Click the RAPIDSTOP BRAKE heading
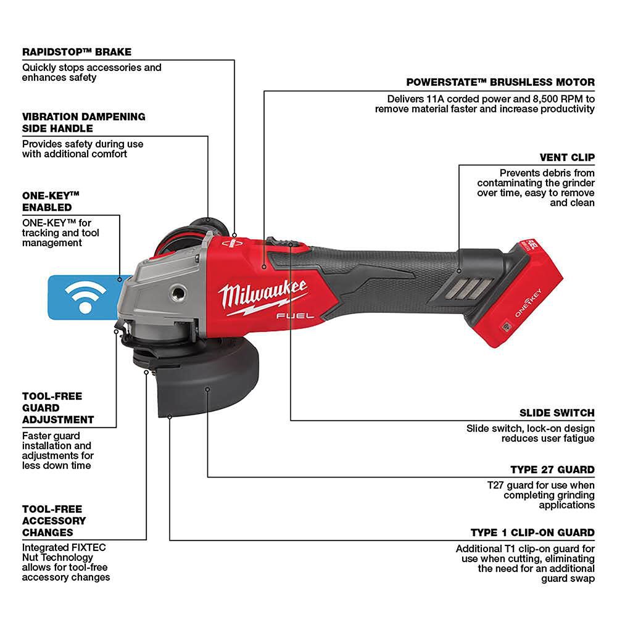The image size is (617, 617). point(77,52)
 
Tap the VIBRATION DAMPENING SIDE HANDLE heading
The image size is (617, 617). point(84,122)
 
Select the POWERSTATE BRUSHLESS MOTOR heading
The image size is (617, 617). point(492,82)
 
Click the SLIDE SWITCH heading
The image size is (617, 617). point(557,413)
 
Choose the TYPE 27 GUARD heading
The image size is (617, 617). point(552,470)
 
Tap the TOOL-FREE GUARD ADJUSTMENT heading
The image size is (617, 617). point(58,408)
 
